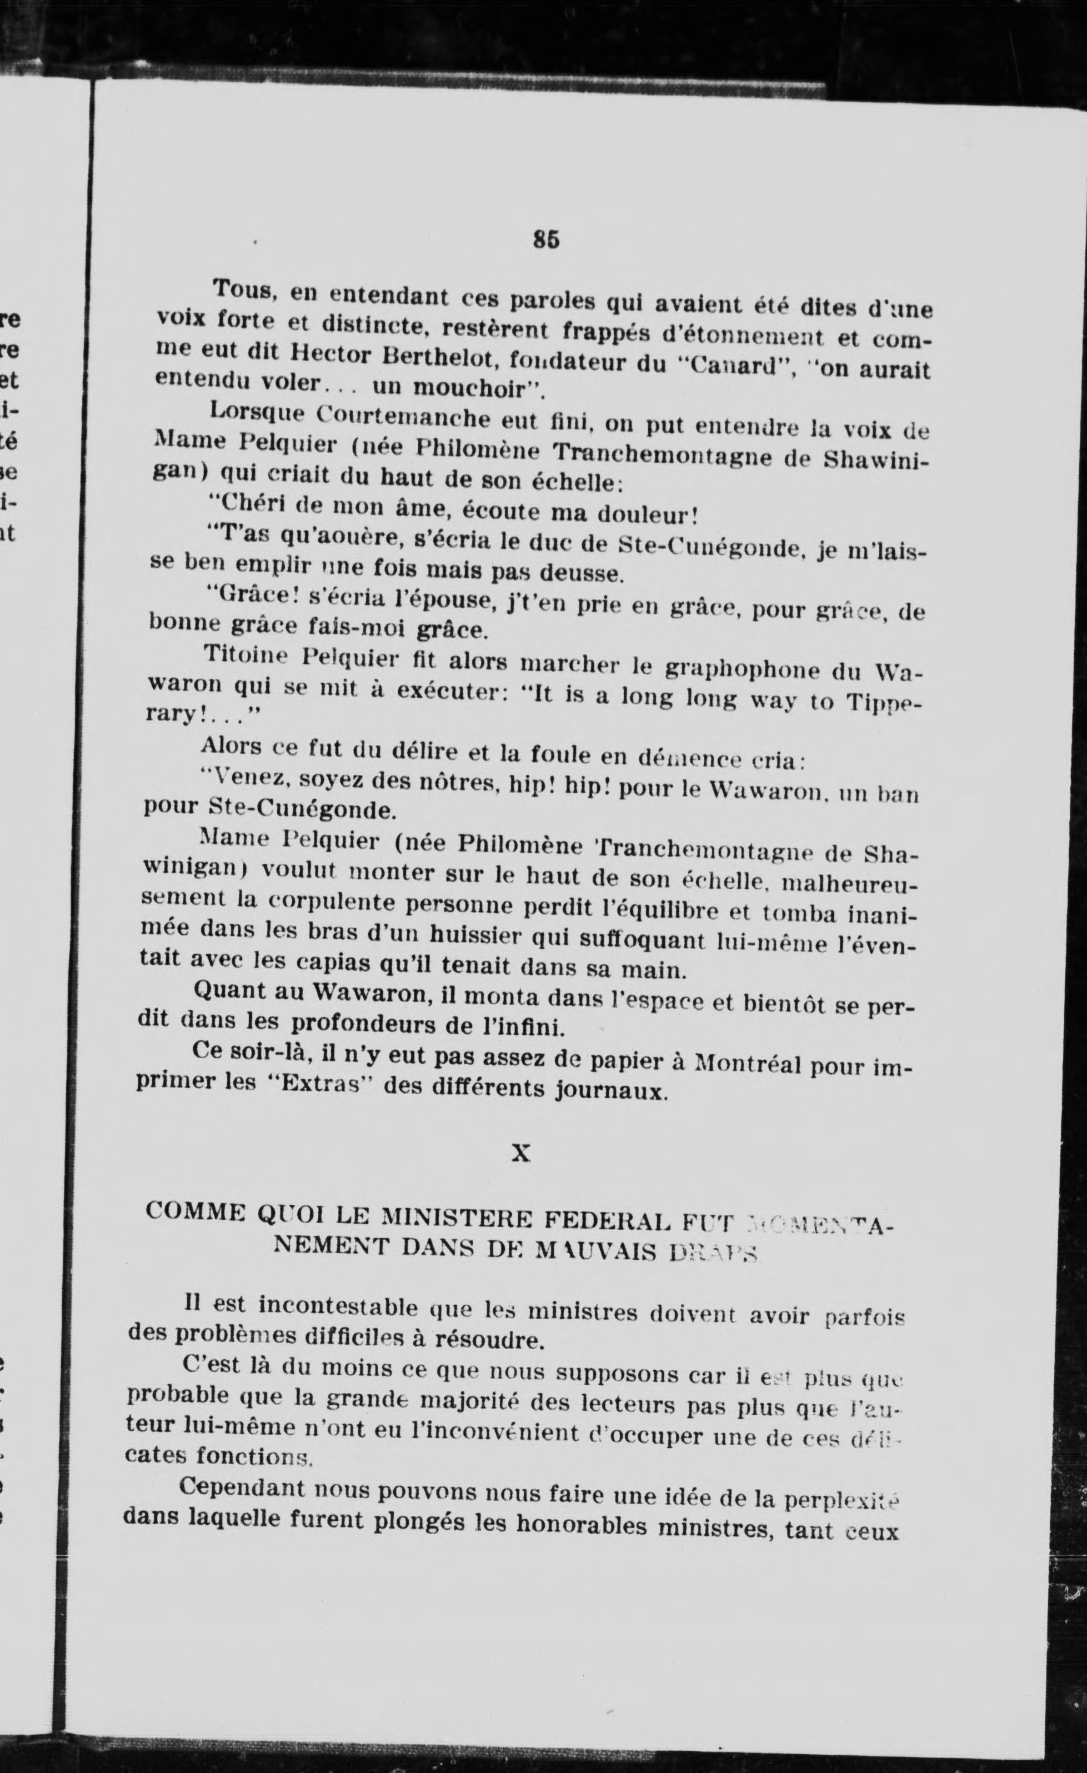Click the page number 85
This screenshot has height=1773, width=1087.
coord(546,239)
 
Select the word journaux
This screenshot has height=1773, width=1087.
coord(612,1091)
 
